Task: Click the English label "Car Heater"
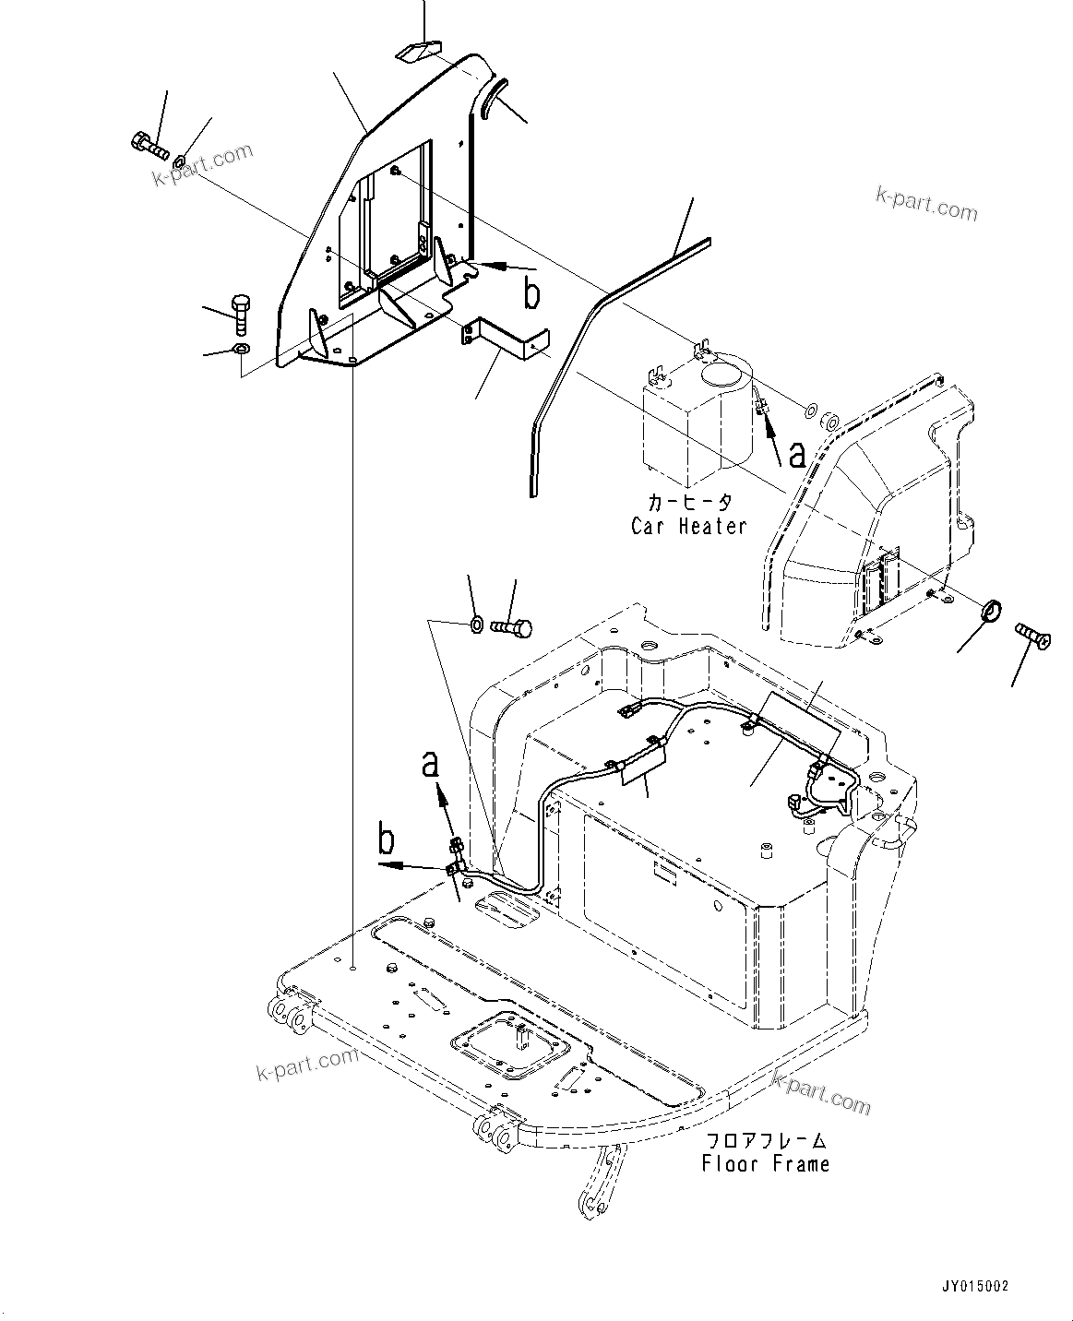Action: [x=688, y=527]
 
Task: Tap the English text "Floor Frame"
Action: [x=765, y=1164]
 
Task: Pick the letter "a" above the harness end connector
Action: [x=430, y=766]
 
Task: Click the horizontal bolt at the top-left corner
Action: [x=148, y=145]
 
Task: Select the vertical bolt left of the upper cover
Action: [x=239, y=315]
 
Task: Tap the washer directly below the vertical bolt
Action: [x=240, y=349]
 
